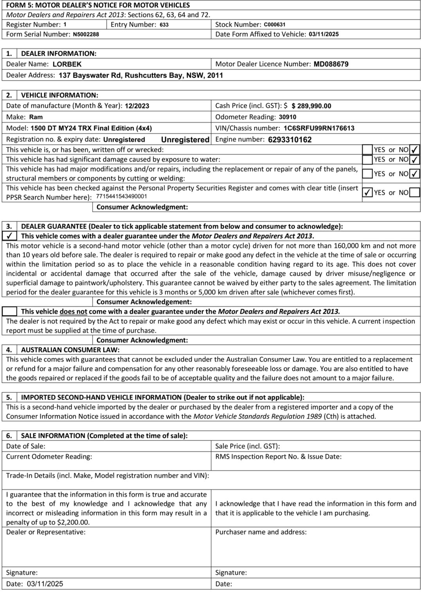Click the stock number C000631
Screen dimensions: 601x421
point(274,25)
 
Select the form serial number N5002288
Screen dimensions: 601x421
point(86,34)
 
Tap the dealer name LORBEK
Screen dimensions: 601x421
point(67,64)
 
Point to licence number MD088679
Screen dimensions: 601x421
point(331,64)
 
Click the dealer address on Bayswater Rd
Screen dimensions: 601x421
point(140,75)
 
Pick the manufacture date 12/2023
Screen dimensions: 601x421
point(137,106)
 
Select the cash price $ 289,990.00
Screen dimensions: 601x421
point(311,106)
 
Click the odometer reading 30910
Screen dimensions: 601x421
point(288,117)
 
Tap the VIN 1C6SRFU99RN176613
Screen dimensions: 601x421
point(319,128)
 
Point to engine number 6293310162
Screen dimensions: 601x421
point(290,140)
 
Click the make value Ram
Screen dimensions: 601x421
point(36,117)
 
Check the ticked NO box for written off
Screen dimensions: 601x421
point(414,149)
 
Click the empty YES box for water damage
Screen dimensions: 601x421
point(367,160)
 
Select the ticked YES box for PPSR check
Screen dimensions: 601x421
point(367,193)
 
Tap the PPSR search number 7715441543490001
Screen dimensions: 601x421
point(121,196)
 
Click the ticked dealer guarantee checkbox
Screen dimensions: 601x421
point(9,236)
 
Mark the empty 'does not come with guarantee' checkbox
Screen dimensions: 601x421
point(9,311)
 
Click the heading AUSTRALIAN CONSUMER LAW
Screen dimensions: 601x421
point(70,350)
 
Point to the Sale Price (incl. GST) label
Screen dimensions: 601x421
point(247,446)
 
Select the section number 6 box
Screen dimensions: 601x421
point(9,436)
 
